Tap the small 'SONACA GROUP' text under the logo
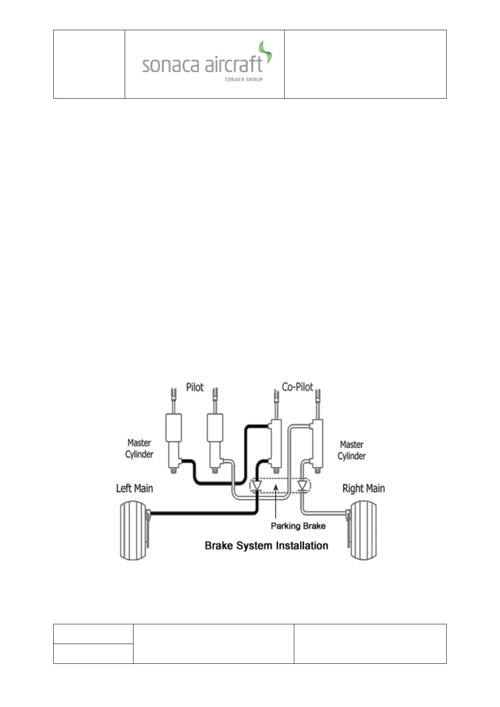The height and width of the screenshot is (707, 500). coord(243,79)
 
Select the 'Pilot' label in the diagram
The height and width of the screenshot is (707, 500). coord(195,387)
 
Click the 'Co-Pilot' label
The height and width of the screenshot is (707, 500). coord(297,387)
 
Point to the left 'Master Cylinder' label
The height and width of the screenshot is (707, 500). coord(139,448)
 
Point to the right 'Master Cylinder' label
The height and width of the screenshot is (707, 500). coord(351,450)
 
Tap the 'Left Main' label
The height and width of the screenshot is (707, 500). coord(134,488)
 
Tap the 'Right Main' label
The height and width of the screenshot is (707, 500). coord(364,488)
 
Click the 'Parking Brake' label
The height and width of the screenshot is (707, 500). coord(298,526)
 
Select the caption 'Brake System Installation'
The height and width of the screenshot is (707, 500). coord(267,545)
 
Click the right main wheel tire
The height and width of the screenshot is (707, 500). coord(364,530)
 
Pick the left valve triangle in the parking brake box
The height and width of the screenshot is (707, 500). coord(257,486)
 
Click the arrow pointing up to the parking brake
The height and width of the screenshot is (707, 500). coord(275,500)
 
